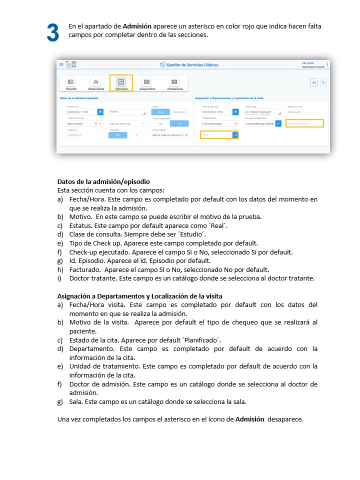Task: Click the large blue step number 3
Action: coord(53,33)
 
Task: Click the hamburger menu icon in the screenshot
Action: coord(61,64)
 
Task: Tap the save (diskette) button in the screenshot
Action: coord(323,82)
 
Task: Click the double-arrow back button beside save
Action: coord(314,82)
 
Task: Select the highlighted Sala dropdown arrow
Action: coord(235,135)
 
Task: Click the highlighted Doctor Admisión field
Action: coord(304,123)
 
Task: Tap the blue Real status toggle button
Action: coord(160,112)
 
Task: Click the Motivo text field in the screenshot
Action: coord(126,112)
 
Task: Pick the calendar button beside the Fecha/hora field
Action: coord(100,112)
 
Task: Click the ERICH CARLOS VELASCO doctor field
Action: coord(170,135)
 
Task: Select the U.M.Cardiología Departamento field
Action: coord(219,123)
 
